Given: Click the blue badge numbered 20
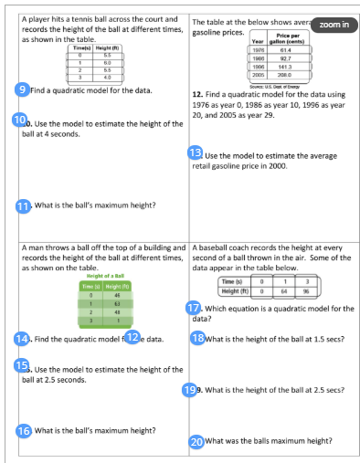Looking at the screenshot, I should tap(196, 441).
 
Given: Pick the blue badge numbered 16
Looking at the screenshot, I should tap(25, 430).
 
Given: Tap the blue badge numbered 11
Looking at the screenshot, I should tap(25, 205).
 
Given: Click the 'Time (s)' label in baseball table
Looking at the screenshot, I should tap(233, 283).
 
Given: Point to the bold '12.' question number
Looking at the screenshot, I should tap(197, 94).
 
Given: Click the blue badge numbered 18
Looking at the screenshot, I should tap(197, 338).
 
